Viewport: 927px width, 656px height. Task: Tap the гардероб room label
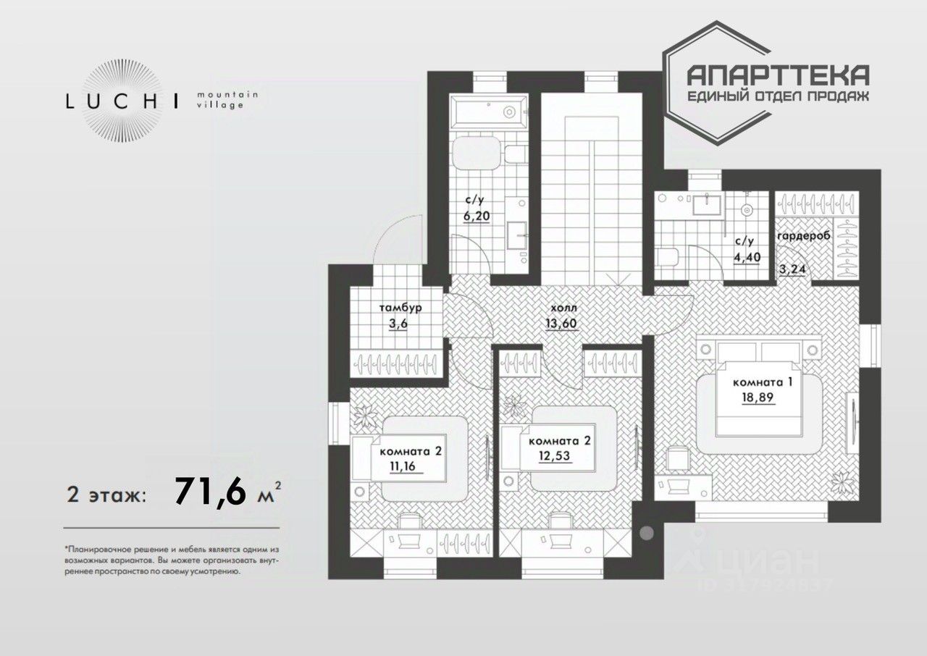click(x=802, y=237)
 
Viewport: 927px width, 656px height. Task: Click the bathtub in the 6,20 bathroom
click(x=493, y=112)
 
